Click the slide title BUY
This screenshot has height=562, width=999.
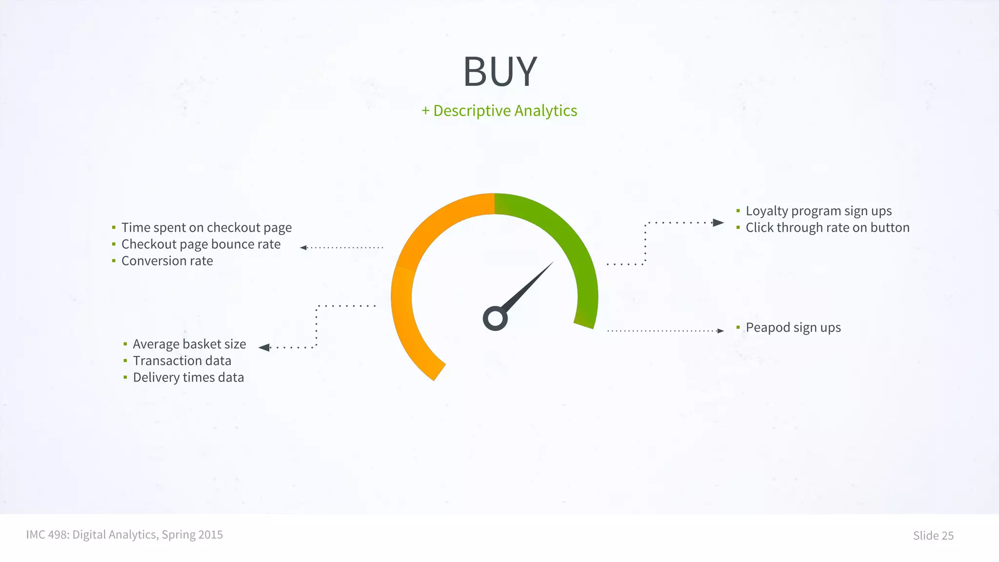coord(499,72)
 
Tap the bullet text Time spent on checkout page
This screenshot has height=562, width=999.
coord(206,228)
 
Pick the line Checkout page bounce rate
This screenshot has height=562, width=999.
coord(200,244)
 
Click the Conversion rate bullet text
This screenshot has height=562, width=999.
coord(167,261)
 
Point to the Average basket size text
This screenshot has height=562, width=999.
coord(189,344)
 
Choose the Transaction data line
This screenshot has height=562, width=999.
coord(182,361)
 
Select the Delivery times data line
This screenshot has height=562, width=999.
coord(188,378)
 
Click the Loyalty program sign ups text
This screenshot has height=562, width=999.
coord(819,211)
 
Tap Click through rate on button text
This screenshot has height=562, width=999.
coord(827,228)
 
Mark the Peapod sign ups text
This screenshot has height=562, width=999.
coord(793,328)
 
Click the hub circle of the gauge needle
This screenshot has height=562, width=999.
coord(495,319)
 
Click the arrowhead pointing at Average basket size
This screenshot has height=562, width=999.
coord(264,347)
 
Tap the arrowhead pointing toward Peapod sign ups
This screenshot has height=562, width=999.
coord(720,331)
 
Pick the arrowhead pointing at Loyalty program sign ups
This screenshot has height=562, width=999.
coord(718,223)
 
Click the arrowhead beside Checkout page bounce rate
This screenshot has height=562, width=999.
coord(303,248)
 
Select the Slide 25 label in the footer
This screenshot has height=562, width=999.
coord(933,536)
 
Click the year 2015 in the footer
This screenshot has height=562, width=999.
coord(210,535)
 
